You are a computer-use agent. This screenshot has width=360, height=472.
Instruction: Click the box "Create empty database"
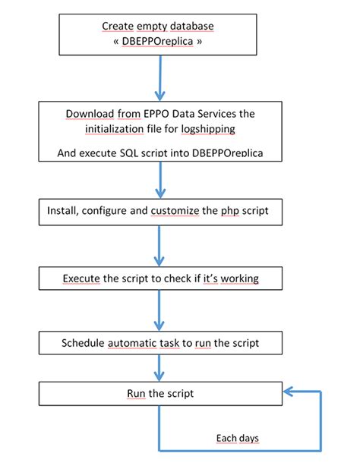tap(158, 34)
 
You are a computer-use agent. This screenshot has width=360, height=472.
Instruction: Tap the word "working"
tap(238, 278)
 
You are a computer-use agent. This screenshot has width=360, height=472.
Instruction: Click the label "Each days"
tap(237, 438)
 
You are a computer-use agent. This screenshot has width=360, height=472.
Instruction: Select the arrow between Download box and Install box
tap(160, 181)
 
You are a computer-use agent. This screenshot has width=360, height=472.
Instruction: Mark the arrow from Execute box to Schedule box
tap(160, 311)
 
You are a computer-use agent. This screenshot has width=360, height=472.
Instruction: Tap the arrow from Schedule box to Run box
tap(160, 369)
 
